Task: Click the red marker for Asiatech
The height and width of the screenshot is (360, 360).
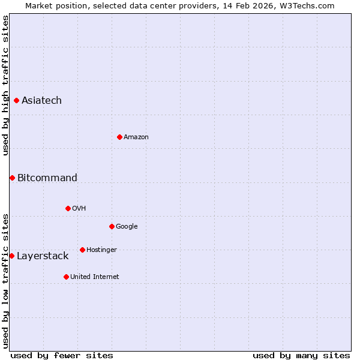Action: coord(16,100)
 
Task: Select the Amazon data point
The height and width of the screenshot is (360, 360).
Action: coord(119,137)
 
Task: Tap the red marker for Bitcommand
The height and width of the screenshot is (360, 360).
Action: coord(12,178)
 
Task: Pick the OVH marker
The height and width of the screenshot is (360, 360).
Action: coord(68,208)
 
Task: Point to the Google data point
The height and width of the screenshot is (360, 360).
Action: coord(112,226)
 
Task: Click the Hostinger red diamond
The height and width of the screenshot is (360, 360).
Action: coord(82,250)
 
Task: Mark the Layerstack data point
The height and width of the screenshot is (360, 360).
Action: coord(11,256)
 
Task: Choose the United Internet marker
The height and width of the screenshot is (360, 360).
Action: coord(66,277)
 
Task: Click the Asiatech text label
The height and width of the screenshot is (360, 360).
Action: coord(41,100)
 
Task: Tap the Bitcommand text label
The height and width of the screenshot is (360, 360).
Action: coord(47,178)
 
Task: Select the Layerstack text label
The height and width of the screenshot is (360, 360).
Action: coord(43,256)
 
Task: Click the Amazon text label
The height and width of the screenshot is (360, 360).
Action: coord(136,137)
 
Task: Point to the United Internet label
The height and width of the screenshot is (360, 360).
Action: coord(95,277)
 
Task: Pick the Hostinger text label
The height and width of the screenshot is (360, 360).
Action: coord(101,250)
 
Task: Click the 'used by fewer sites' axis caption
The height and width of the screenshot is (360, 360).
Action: coord(62,355)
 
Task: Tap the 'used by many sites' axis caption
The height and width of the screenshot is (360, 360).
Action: coord(301,355)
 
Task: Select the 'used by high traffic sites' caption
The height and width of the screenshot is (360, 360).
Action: coord(5,85)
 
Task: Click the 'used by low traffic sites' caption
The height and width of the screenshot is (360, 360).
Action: coord(5,281)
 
